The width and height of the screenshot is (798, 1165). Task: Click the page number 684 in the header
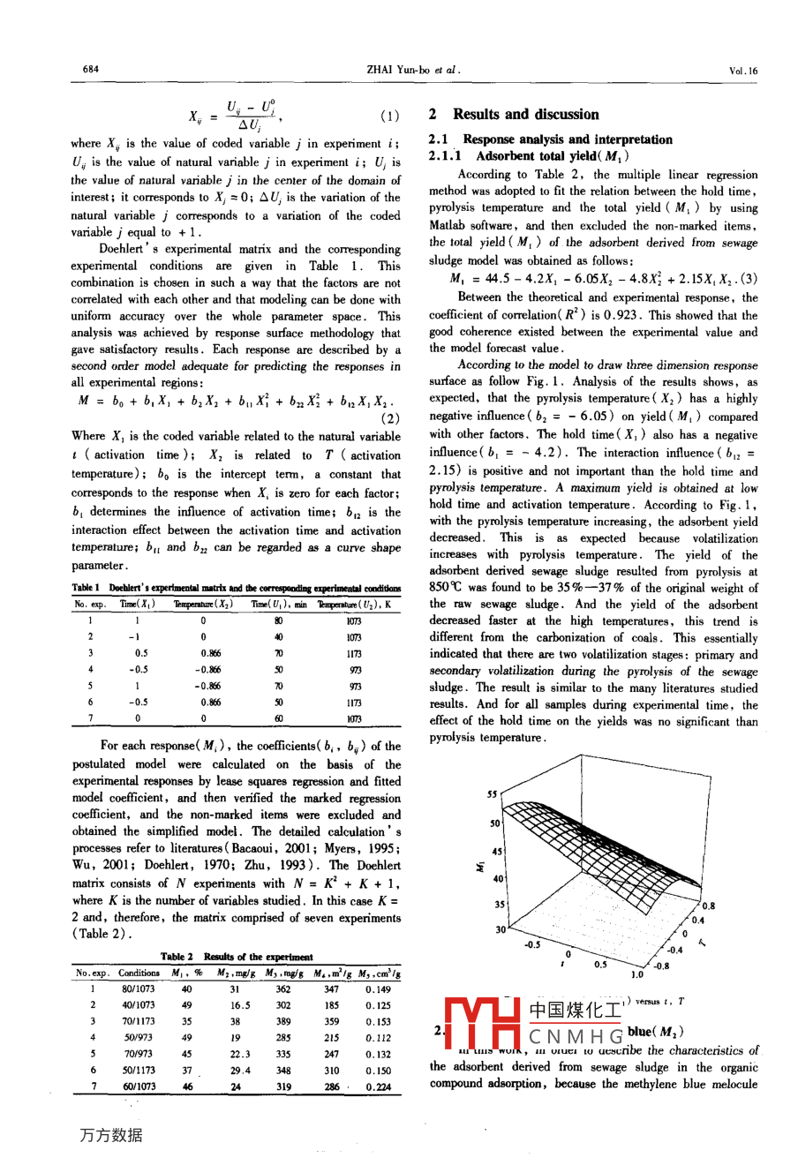point(90,70)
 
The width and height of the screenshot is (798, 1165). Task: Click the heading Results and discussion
point(525,115)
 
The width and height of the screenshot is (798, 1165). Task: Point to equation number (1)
point(389,116)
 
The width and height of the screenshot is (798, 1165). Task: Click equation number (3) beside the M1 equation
point(749,279)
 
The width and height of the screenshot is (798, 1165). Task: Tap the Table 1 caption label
point(86,588)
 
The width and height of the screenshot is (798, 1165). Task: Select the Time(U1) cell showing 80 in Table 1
point(279,621)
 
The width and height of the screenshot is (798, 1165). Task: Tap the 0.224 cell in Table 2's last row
point(378,1087)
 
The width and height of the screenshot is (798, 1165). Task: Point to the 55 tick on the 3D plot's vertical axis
point(492,794)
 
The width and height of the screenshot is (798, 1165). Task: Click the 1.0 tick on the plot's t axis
point(636,974)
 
